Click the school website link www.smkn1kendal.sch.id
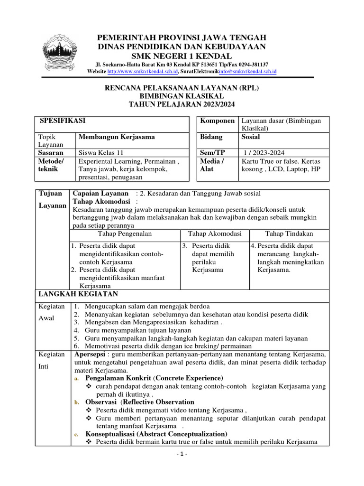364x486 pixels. pos(143,72)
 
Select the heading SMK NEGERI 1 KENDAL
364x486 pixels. pos(182,56)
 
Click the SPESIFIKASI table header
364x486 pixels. pos(64,121)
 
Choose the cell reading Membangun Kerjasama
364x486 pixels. pos(117,137)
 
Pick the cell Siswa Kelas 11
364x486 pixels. pos(100,153)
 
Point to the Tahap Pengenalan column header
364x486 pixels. pos(125,234)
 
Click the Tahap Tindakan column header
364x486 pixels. pos(289,234)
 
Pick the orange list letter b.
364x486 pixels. pos(77,402)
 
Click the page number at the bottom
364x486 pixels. pos(182,454)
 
